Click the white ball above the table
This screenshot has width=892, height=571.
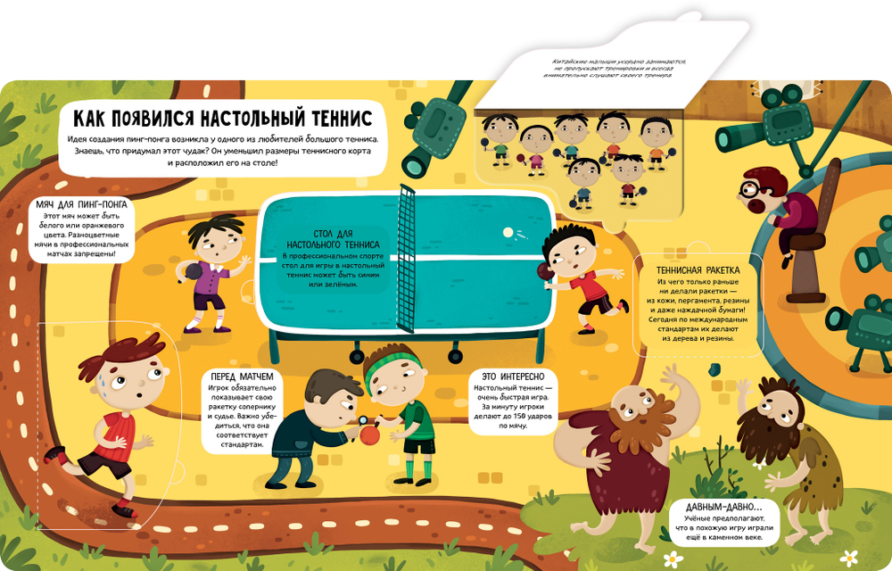point(508,232)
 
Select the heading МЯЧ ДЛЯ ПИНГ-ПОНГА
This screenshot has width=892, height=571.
point(81,205)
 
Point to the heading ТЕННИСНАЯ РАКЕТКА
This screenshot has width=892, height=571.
point(698,269)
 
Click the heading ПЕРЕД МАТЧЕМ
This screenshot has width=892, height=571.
point(236,377)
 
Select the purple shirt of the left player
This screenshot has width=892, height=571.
point(212,277)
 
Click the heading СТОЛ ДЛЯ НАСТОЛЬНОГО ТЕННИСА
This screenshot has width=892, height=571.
point(334,237)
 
